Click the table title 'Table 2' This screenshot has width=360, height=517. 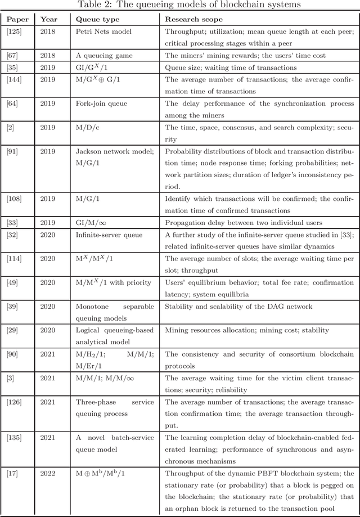179,6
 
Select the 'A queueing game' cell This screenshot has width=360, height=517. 101,55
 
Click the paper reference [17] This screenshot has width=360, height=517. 12,473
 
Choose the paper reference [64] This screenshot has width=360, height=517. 12,104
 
